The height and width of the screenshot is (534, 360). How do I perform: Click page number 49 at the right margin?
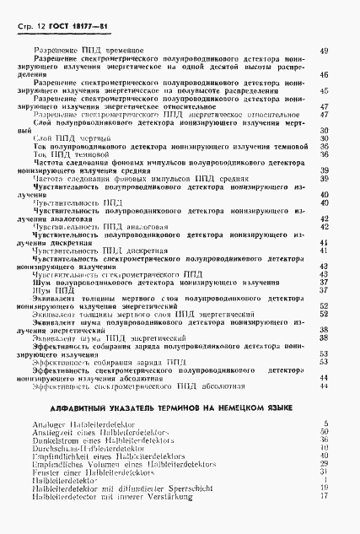click(x=324, y=51)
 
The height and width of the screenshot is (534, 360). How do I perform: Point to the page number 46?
click(x=324, y=75)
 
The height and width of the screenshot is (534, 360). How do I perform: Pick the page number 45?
click(x=324, y=90)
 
